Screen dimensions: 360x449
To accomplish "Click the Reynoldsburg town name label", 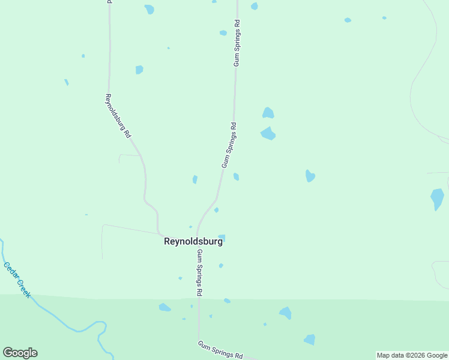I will pos(193,241).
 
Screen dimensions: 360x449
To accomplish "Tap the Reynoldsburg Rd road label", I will pos(118,116).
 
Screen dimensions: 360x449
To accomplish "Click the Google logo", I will pos(20,353).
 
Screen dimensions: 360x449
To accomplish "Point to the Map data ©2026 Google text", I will pos(412,355).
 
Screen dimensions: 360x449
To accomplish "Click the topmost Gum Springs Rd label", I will pos(237,43).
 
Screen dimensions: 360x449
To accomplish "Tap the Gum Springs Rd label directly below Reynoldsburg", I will pos(199,273).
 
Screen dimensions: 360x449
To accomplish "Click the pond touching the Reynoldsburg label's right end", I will pos(222,238).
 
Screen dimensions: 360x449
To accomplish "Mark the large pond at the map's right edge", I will pos(437,199).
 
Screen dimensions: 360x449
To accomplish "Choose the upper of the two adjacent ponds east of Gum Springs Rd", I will pos(268,113).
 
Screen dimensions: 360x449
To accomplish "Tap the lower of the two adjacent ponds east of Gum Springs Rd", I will pos(268,133).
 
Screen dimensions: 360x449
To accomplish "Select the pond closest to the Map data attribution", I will pos(310,340).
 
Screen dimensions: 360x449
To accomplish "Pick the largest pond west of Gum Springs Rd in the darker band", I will pos(164,307).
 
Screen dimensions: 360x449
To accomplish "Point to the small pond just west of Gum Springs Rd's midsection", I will pos(194,179).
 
